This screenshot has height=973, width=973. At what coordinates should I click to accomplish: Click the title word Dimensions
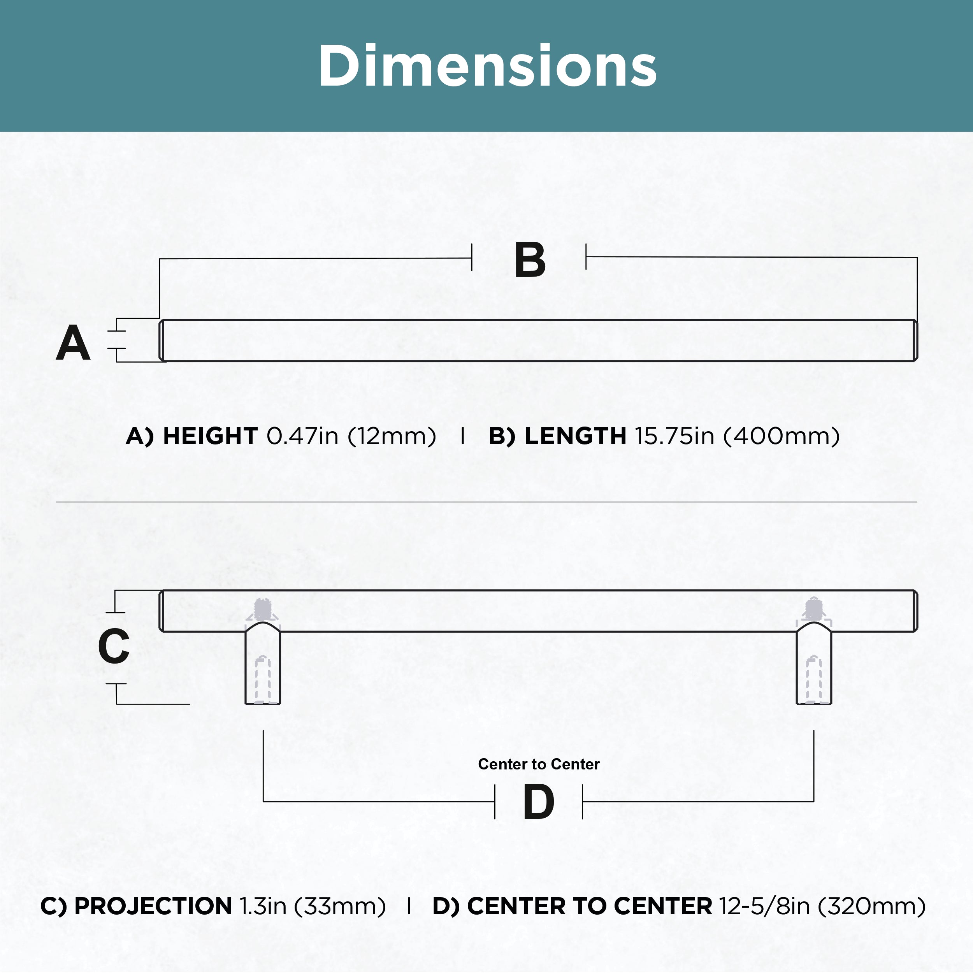[488, 65]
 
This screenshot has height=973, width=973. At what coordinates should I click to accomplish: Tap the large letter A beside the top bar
[73, 342]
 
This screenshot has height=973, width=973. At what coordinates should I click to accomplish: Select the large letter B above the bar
[530, 260]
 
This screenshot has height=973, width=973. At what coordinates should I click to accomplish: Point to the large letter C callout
[114, 646]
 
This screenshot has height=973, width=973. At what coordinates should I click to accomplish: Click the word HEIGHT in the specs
[211, 436]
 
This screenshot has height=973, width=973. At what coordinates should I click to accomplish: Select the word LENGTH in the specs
[576, 436]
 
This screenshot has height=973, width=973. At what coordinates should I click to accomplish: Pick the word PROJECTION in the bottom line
[153, 906]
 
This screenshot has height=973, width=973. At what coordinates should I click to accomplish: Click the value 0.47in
[302, 436]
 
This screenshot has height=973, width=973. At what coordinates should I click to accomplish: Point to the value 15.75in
[675, 436]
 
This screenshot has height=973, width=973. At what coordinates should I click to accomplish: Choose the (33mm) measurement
[340, 907]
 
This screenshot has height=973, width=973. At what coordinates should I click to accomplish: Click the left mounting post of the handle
[262, 663]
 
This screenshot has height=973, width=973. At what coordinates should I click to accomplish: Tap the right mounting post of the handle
[814, 663]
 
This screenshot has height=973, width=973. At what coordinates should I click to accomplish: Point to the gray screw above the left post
[262, 609]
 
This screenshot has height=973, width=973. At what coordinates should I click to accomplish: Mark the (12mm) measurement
[392, 437]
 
